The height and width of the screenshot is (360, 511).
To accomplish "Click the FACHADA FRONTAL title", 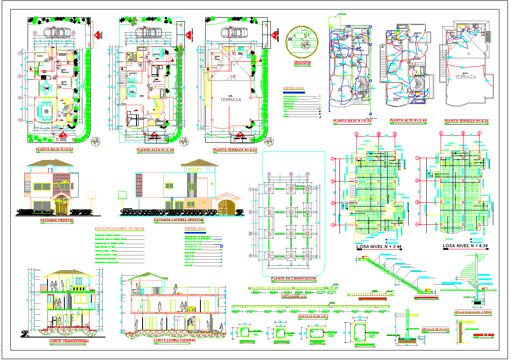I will pyautogui.click(x=57, y=220).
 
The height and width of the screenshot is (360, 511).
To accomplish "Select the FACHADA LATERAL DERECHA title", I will pyautogui.click(x=179, y=220).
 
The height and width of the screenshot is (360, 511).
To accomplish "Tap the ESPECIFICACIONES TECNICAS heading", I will pyautogui.click(x=119, y=229).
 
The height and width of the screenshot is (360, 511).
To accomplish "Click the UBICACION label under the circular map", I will pyautogui.click(x=302, y=63).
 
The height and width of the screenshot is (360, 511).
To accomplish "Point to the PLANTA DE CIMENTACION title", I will pyautogui.click(x=293, y=279).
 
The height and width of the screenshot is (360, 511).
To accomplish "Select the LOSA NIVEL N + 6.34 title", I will pyautogui.click(x=465, y=246).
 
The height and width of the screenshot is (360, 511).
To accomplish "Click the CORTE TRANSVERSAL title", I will pyautogui.click(x=69, y=341).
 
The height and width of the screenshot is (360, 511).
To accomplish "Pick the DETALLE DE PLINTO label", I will pyautogui.click(x=435, y=329).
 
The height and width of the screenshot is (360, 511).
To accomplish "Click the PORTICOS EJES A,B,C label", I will pyautogui.click(x=313, y=316).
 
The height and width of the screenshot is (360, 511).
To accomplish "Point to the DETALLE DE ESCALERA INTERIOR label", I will pyautogui.click(x=473, y=312).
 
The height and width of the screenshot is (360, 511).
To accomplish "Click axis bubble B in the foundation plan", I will pyautogui.click(x=291, y=174).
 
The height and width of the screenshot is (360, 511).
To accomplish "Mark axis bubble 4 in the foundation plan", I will pyautogui.click(x=250, y=256).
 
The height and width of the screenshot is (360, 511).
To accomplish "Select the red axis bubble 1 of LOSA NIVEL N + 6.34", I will pyautogui.click(x=417, y=159).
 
